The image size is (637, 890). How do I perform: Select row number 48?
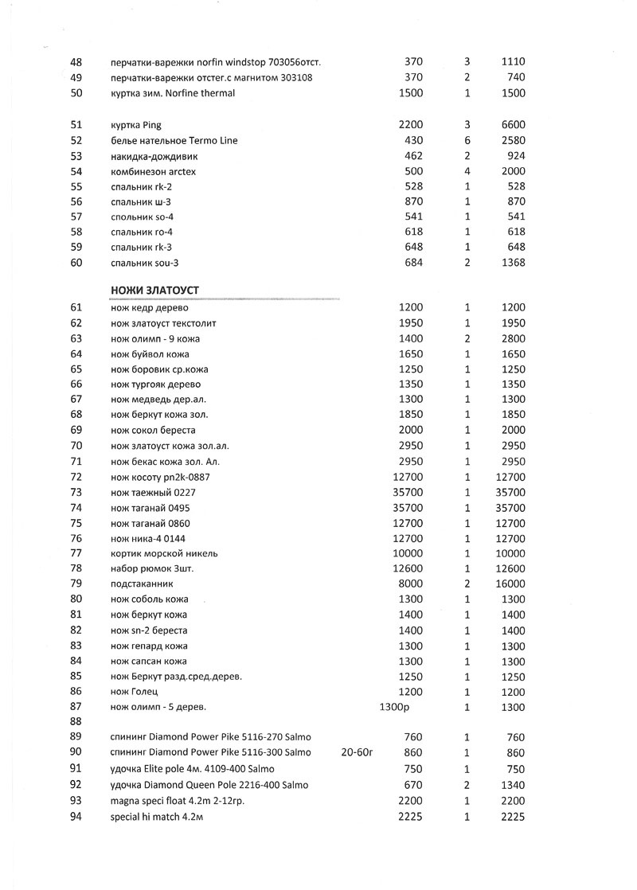click(x=76, y=62)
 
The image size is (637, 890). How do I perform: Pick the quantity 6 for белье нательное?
click(x=467, y=140)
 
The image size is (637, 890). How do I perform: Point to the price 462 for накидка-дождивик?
click(x=413, y=156)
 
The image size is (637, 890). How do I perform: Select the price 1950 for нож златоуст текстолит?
click(x=411, y=323)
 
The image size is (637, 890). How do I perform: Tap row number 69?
click(x=76, y=431)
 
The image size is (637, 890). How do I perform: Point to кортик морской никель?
click(x=164, y=554)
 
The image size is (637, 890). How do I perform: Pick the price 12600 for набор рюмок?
click(x=408, y=569)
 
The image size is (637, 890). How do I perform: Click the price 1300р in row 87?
click(x=394, y=707)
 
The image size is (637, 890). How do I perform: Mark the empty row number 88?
click(x=76, y=722)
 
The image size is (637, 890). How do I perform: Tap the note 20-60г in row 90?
click(x=357, y=752)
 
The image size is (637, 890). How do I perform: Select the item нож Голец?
click(x=133, y=692)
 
